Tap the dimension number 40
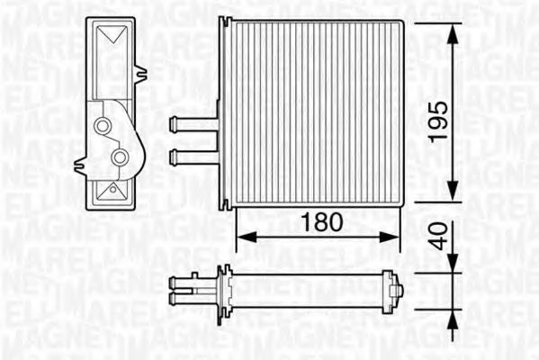[x=436, y=238]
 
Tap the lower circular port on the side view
[x=120, y=158]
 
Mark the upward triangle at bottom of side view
[x=112, y=190]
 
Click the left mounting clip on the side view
[x=81, y=165]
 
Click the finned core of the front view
[x=315, y=117]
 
